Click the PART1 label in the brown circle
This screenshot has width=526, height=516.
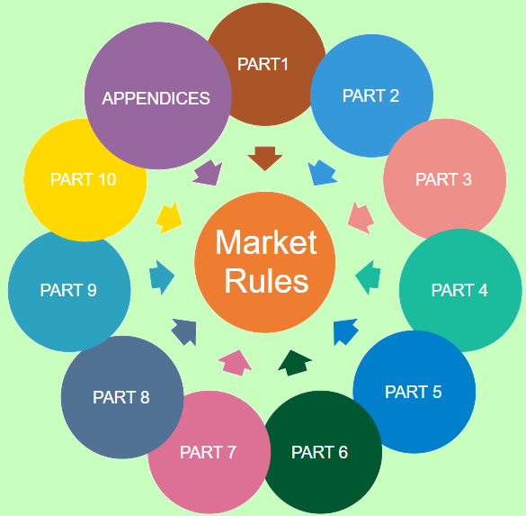pyautogui.click(x=263, y=64)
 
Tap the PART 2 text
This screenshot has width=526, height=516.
pyautogui.click(x=370, y=95)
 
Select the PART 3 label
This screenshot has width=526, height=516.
pyautogui.click(x=443, y=179)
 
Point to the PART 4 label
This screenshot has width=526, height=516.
pyautogui.click(x=459, y=290)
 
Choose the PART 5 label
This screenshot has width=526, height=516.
pyautogui.click(x=414, y=392)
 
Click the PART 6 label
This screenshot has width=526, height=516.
pyautogui.click(x=319, y=452)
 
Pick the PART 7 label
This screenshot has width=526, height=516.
pyautogui.click(x=208, y=452)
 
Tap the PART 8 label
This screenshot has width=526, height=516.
pyautogui.click(x=121, y=397)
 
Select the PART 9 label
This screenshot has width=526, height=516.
pyautogui.click(x=68, y=290)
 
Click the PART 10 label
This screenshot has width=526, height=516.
pyautogui.click(x=84, y=179)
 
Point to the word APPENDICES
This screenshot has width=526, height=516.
pyautogui.click(x=156, y=98)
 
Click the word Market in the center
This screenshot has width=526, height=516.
pyautogui.click(x=266, y=242)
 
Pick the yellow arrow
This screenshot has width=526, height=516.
pyautogui.click(x=169, y=217)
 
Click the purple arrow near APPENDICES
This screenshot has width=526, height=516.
pyautogui.click(x=208, y=172)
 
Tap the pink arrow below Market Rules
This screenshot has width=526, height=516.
pyautogui.click(x=235, y=362)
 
